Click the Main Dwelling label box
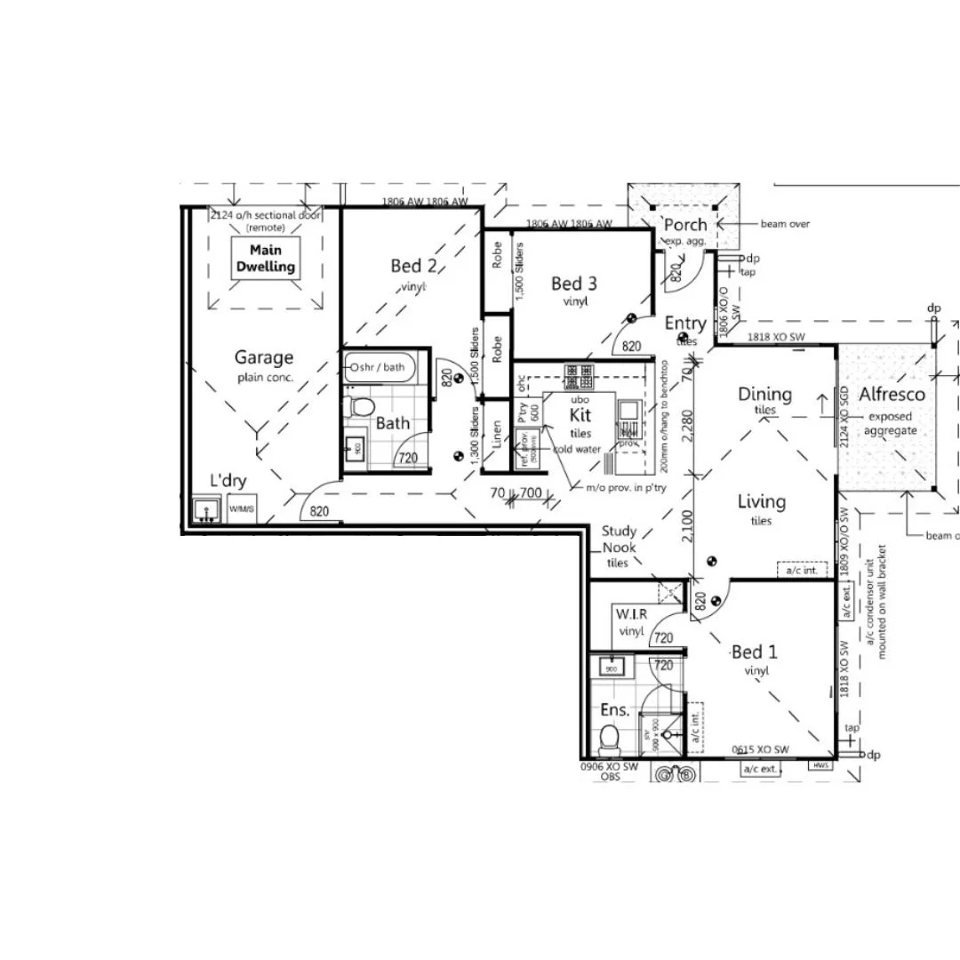[x=265, y=259]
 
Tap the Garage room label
[x=264, y=357]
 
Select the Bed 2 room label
[x=413, y=265]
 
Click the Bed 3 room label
[x=573, y=284]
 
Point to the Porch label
[x=685, y=225]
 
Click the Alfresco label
[x=892, y=395]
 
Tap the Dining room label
[x=764, y=394]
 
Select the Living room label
[x=762, y=501]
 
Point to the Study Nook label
[x=619, y=540]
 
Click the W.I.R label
[x=630, y=614]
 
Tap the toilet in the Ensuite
[x=610, y=737]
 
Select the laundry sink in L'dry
[x=207, y=511]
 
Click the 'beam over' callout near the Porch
[x=785, y=224]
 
